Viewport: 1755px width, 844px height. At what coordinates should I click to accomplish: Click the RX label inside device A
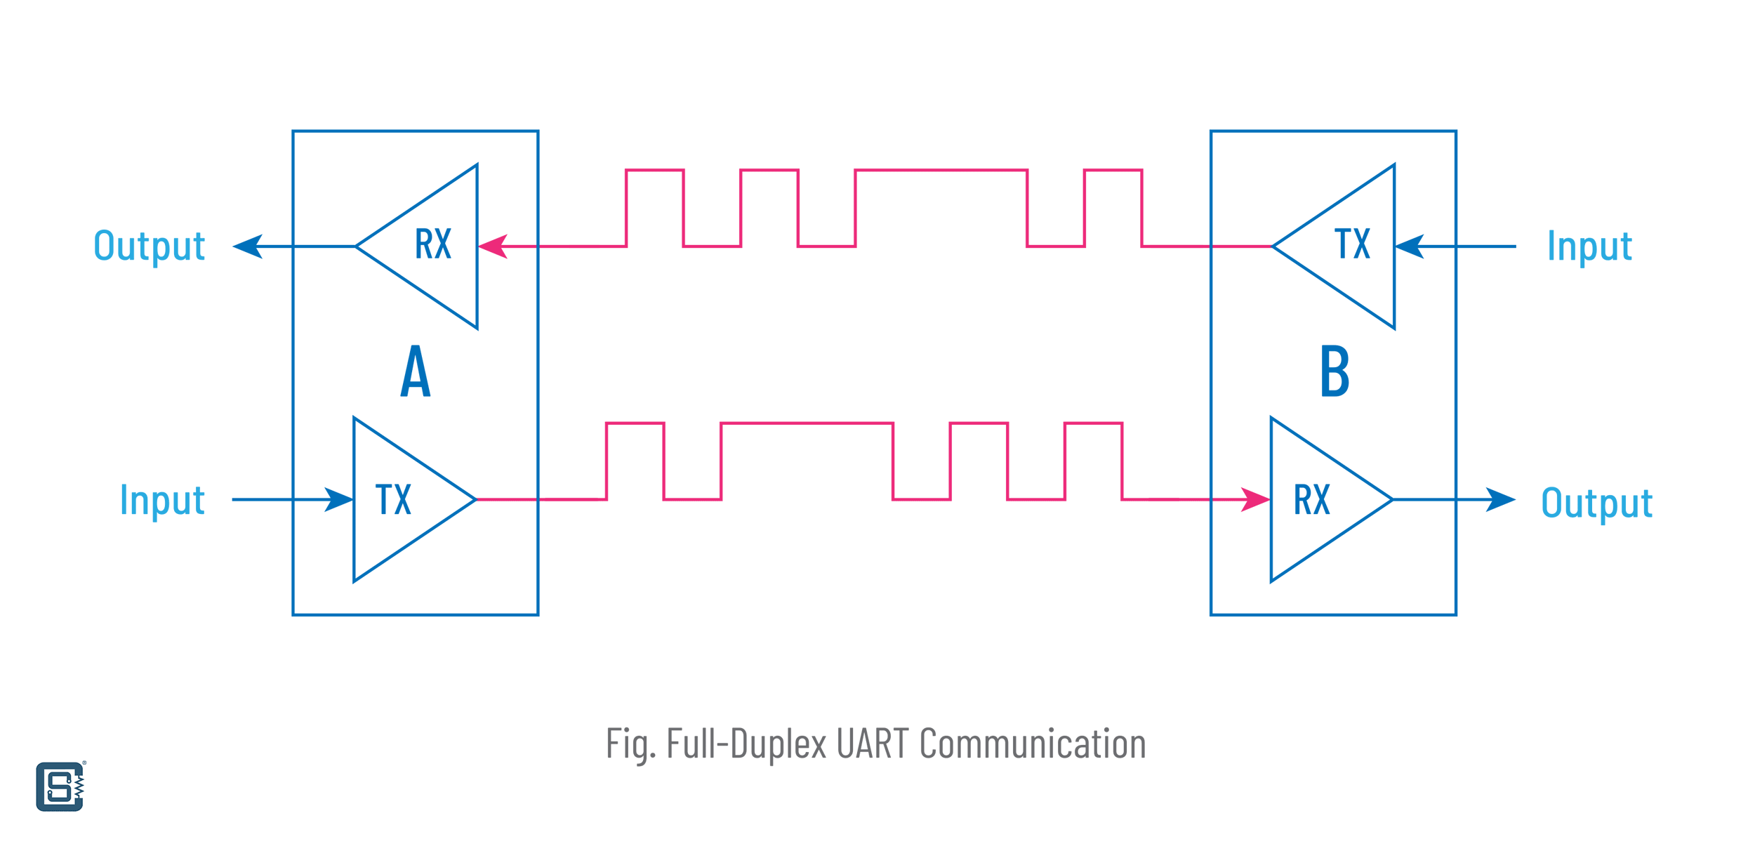coord(433,244)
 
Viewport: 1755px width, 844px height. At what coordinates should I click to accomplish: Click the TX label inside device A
coord(393,500)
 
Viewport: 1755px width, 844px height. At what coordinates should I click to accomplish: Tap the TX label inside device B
coord(1352,244)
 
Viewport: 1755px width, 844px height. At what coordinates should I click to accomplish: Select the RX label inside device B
coord(1312,500)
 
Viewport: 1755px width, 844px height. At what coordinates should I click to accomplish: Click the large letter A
coord(416,371)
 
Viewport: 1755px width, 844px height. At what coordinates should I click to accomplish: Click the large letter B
coord(1335,371)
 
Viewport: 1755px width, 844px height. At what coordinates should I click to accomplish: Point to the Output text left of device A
coord(150,246)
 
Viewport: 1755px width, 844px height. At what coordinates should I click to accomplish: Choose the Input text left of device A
coord(162,501)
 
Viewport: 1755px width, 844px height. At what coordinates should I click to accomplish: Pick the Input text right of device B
coord(1590,246)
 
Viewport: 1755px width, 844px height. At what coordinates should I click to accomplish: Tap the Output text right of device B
coord(1597,503)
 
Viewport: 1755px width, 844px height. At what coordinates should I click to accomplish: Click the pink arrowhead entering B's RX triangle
coord(1254,500)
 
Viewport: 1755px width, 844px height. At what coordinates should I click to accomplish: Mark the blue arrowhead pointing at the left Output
coord(248,246)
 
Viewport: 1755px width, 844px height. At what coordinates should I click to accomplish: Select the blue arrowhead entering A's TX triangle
coord(338,500)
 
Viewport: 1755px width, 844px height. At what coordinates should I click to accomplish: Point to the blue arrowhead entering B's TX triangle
coord(1410,246)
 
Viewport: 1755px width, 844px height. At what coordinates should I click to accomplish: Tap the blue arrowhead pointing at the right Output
coord(1500,500)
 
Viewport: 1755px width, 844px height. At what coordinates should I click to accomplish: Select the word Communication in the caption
coord(1033,744)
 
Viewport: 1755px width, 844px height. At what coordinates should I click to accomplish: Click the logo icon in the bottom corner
coord(60,786)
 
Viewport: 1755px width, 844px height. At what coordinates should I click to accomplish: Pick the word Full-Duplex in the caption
coord(747,744)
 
